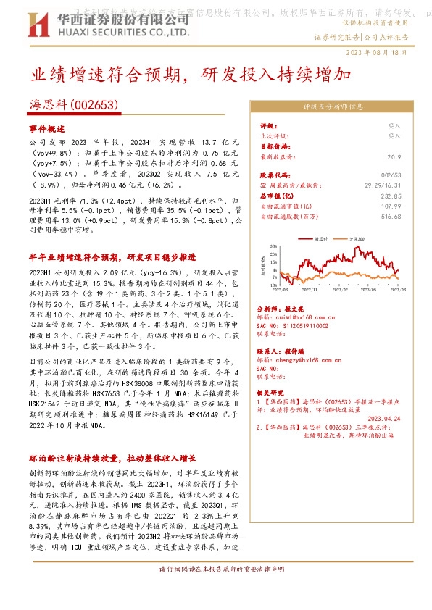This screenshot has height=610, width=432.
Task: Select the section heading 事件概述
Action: pyautogui.click(x=47, y=128)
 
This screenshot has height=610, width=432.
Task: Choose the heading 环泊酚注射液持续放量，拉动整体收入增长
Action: pyautogui.click(x=113, y=459)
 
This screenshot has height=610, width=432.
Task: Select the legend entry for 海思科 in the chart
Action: pyautogui.click(x=320, y=238)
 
